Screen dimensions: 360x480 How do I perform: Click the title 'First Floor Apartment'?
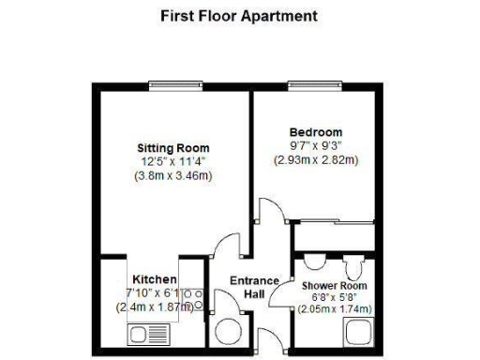pos(239,16)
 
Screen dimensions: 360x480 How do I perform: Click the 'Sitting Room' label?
pos(173,148)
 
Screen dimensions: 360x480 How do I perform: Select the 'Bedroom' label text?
pos(316,132)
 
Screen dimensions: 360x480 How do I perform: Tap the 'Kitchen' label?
pos(155,279)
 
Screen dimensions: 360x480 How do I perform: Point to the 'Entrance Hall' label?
pos(254,288)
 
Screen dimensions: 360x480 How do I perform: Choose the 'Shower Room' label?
pos(334,285)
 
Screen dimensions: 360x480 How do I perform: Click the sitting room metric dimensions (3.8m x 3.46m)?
pos(173,175)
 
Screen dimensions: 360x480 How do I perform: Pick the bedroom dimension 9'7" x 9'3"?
pos(316,145)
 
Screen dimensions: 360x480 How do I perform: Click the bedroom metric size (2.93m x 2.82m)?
pos(316,159)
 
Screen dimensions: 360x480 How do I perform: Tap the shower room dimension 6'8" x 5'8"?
pos(335,297)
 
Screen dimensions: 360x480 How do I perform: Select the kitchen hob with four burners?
pos(193,301)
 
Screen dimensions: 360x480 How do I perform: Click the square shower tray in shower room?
pos(359,332)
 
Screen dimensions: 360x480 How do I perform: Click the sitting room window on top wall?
pos(177,87)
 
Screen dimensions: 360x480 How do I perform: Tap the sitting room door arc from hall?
pos(227,248)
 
